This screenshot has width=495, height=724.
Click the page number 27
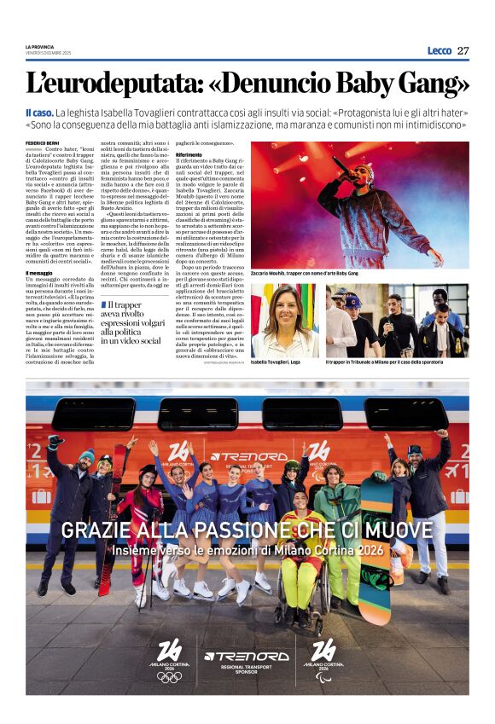tap(463, 50)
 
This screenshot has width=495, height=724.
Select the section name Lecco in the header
tap(439, 50)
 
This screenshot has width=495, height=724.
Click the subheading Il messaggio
tap(39, 273)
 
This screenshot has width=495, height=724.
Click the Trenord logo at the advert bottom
tap(247, 656)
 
